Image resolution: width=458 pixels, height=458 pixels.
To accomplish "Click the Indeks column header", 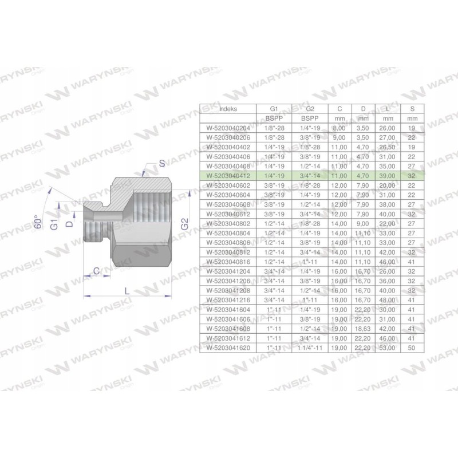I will pos(227,108).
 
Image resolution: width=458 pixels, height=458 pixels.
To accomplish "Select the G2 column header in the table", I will pos(309,108).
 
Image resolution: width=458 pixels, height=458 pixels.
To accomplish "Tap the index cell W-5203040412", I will pos(227,177).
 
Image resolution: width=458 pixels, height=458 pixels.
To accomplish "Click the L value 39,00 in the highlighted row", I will pos(387,177).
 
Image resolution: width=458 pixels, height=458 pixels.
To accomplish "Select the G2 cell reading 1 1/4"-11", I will pos(309,348).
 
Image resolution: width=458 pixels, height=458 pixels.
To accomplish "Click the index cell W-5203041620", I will pos(227,348).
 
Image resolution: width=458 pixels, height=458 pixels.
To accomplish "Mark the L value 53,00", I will pos(387,348).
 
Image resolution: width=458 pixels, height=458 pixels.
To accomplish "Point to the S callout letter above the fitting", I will pos(162,164).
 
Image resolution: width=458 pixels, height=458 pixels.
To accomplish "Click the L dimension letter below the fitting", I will pos(127,291).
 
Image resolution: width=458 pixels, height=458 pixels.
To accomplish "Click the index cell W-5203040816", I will pos(227,262).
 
